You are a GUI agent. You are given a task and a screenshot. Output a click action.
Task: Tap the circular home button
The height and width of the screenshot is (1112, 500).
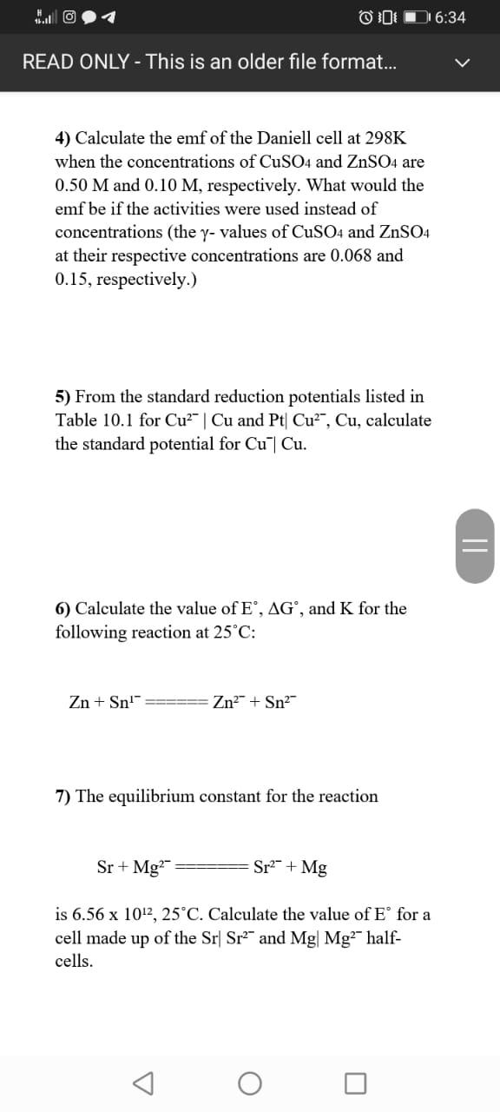coord(250,1083)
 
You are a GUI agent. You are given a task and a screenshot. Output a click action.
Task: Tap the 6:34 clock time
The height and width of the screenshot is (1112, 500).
coord(450,17)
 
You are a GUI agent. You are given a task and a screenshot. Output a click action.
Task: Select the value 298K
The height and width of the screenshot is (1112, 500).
coord(385,138)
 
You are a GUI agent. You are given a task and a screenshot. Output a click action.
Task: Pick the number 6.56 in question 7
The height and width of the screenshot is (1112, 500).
coord(93,915)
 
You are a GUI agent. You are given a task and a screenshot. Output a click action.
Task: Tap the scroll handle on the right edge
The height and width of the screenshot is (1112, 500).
coord(474,555)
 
